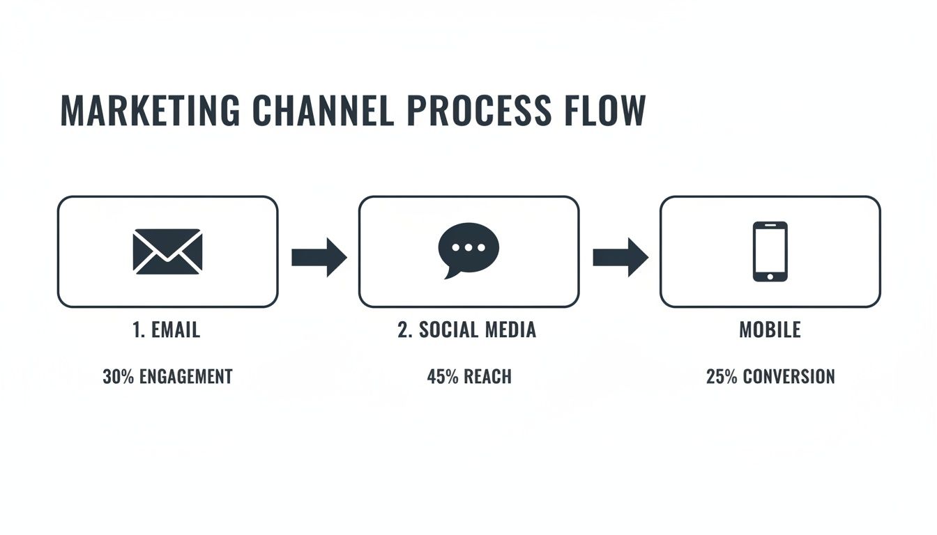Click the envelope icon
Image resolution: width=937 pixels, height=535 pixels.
[167, 251]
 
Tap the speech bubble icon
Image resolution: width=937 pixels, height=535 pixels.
[468, 249]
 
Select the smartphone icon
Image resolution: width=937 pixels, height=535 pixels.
[770, 251]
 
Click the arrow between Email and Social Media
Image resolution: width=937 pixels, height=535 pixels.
[319, 257]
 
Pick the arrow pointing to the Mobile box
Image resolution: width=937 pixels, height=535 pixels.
[620, 257]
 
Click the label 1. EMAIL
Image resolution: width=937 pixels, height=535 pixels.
[166, 329]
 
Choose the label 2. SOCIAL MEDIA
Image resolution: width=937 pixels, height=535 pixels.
[467, 329]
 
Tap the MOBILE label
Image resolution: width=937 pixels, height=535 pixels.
[770, 329]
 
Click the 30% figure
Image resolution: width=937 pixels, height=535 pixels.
[119, 377]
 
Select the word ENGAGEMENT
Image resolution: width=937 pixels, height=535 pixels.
[185, 377]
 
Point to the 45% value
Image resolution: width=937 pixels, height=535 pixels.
[441, 377]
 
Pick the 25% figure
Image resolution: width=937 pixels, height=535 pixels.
[722, 377]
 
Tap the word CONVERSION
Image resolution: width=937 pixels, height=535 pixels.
[789, 377]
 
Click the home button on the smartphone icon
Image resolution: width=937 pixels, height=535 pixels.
[770, 277]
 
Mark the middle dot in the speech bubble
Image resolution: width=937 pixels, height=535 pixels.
[468, 247]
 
